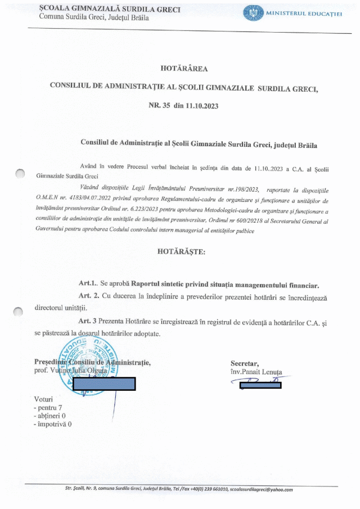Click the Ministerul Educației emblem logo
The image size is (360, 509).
pyautogui.click(x=253, y=13)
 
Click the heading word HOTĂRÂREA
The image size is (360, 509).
pyautogui.click(x=184, y=69)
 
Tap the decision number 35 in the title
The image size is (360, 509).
pyautogui.click(x=165, y=105)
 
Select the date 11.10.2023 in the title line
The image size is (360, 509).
pyautogui.click(x=197, y=105)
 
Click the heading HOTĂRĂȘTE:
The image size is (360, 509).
pyautogui.click(x=182, y=251)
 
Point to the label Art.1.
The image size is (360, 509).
pyautogui.click(x=88, y=285)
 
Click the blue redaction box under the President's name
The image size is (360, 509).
pyautogui.click(x=104, y=384)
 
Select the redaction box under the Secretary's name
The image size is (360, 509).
pyautogui.click(x=260, y=385)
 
